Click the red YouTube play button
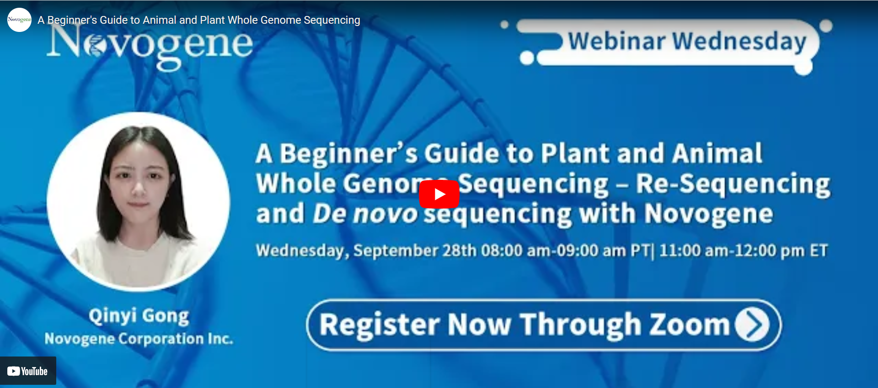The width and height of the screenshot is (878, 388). [x=439, y=194]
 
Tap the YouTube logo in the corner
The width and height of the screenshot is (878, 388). [x=27, y=371]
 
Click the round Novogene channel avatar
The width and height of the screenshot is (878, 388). [x=19, y=20]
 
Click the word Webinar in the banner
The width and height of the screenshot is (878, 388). [x=616, y=41]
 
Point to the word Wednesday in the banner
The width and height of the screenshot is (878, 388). [x=739, y=42]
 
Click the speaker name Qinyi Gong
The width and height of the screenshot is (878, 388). [x=139, y=316]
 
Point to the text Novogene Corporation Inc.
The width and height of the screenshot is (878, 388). [x=139, y=339]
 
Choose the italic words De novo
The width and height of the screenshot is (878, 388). [x=365, y=214]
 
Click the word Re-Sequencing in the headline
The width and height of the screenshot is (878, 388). [x=733, y=184]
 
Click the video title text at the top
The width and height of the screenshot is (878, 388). [x=199, y=20]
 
